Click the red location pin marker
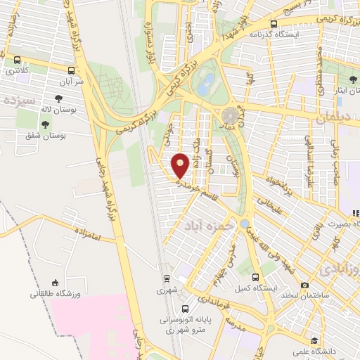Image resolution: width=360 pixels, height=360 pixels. coord(181,165)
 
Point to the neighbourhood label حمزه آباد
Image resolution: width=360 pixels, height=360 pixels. coord(202,226)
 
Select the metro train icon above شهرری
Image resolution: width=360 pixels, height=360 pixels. coord(167,278)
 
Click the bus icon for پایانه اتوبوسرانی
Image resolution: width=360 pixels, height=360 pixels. coord(185,308)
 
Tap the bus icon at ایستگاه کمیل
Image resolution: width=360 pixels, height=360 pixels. coord(255,277)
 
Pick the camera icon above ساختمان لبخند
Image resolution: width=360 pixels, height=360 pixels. coord(304,285)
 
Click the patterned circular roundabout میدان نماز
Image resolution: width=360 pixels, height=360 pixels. coord(230,115)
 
